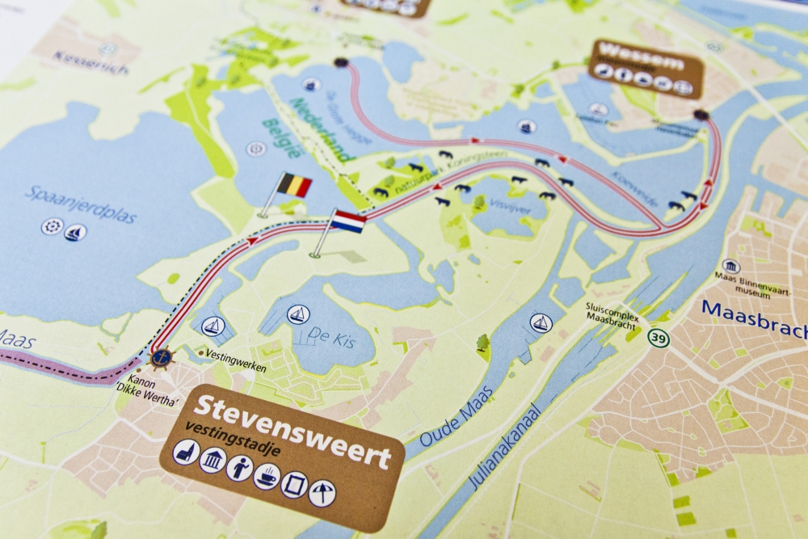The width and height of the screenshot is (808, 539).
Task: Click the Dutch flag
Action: click(x=348, y=221)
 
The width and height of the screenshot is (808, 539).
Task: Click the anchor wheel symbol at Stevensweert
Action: click(x=161, y=356)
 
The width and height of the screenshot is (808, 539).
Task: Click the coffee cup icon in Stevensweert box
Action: click(x=266, y=477)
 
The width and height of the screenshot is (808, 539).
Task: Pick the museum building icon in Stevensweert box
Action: click(x=213, y=461)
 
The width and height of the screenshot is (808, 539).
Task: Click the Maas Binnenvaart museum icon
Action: click(x=730, y=267)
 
